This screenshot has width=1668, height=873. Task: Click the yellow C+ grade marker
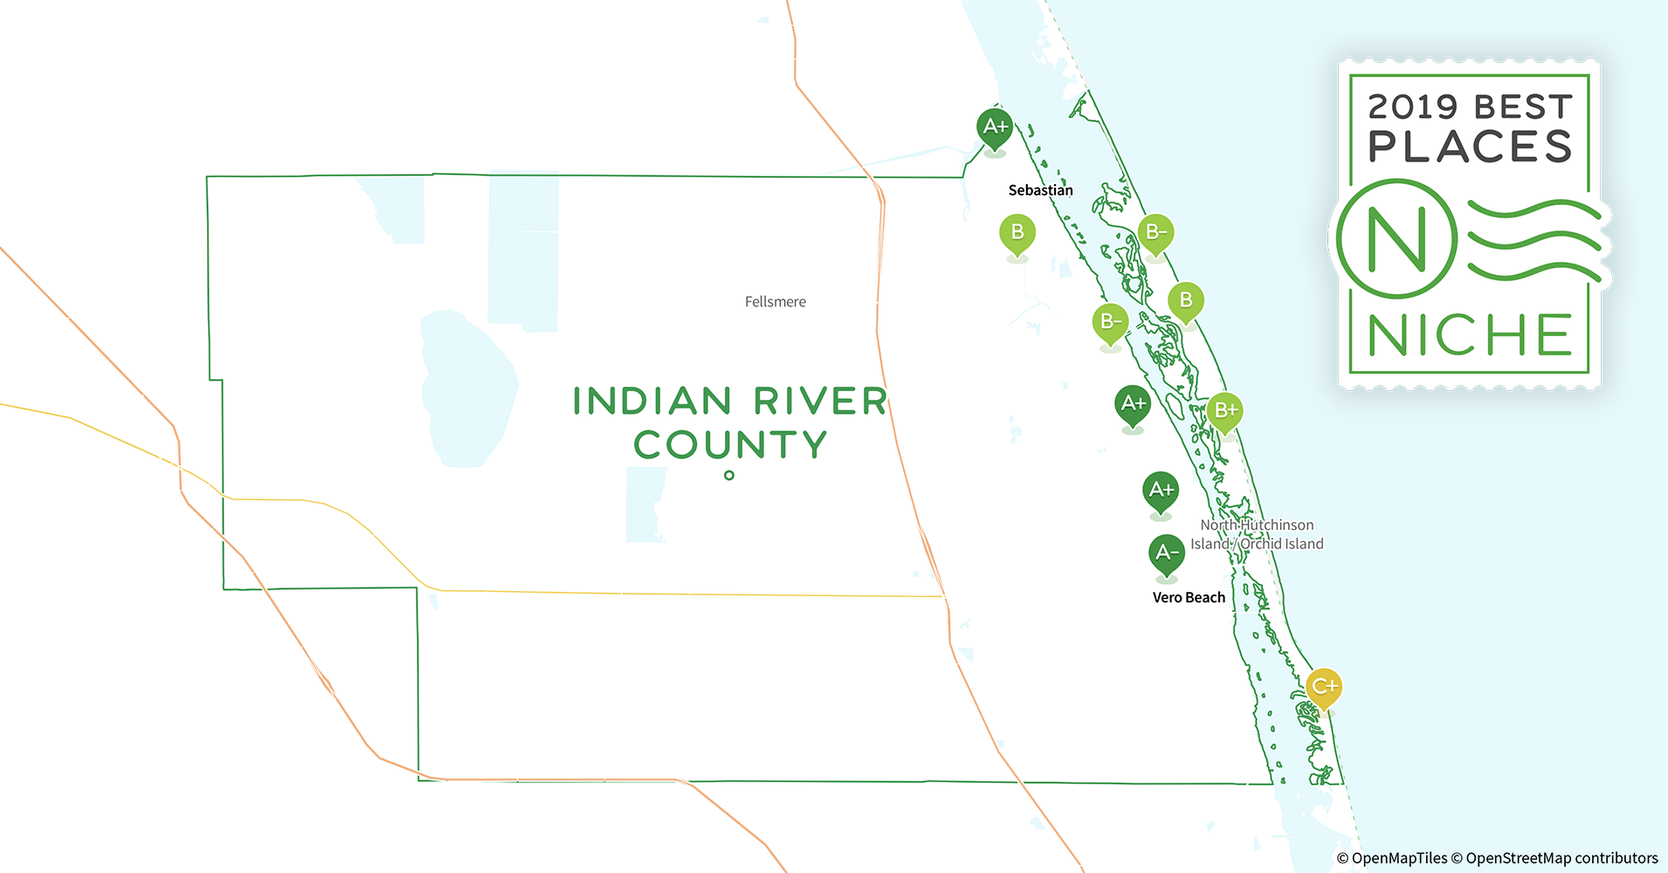[x=1324, y=687]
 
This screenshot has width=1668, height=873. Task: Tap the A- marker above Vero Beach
[x=1167, y=553]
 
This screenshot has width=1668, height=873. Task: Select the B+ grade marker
[x=1225, y=410]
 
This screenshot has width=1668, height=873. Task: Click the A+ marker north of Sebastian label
[x=995, y=127]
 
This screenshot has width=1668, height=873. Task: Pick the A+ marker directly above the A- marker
[x=1161, y=490]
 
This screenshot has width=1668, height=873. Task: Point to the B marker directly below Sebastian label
[x=1017, y=232]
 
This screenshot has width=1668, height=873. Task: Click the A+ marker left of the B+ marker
[x=1133, y=403]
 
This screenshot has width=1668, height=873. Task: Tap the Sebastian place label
[x=1040, y=190]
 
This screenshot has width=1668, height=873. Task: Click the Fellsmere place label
[x=775, y=302]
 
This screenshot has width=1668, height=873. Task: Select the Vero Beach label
[x=1189, y=598]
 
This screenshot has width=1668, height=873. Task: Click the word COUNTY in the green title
[x=730, y=445]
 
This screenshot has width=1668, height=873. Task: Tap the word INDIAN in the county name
[x=651, y=402]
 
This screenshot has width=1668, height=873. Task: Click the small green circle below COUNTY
[x=729, y=476]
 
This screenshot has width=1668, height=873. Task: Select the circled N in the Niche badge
[x=1396, y=239]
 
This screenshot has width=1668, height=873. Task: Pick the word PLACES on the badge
[x=1470, y=147]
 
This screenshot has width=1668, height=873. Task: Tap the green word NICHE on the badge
[x=1470, y=335]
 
